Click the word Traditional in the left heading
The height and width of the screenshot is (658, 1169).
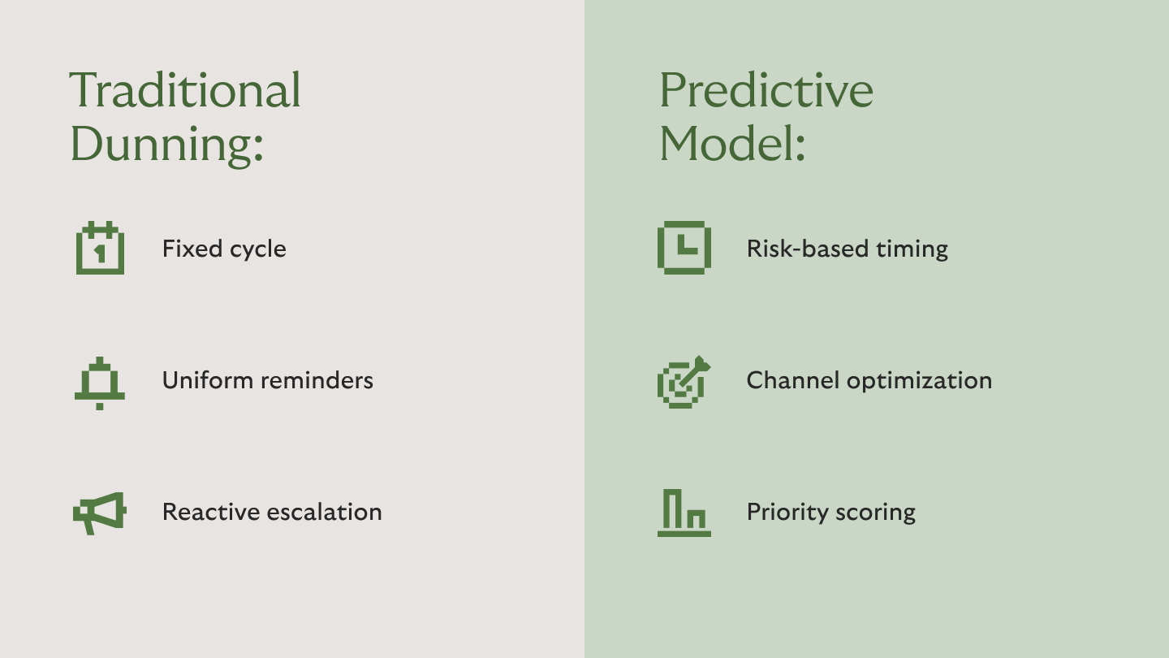[x=185, y=90]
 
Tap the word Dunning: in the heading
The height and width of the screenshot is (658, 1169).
[x=167, y=145]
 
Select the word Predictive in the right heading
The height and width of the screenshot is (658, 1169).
[x=766, y=90]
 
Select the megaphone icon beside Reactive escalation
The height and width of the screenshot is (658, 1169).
[x=100, y=513]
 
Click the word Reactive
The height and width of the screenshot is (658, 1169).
[x=211, y=512]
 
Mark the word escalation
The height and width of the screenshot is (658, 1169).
[x=325, y=512]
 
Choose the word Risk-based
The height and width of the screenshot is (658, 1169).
[x=807, y=249]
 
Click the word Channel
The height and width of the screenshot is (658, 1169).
[x=792, y=380]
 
